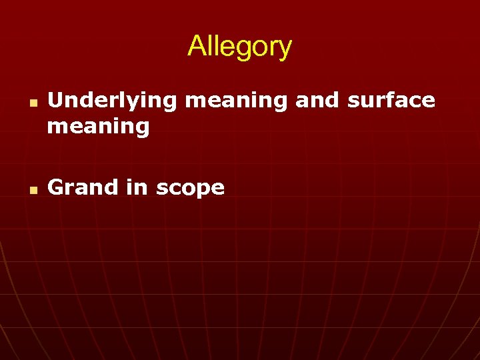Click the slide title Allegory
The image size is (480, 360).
[x=239, y=47]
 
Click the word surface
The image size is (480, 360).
[x=391, y=100]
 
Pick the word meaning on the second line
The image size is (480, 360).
[x=98, y=126]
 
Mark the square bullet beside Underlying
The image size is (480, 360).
[x=32, y=105]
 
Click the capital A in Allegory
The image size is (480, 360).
[x=196, y=47]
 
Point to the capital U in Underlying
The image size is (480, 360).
[x=56, y=100]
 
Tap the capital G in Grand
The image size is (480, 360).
[x=56, y=187]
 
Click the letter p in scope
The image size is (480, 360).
[x=203, y=190]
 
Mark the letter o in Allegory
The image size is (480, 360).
[x=258, y=48]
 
